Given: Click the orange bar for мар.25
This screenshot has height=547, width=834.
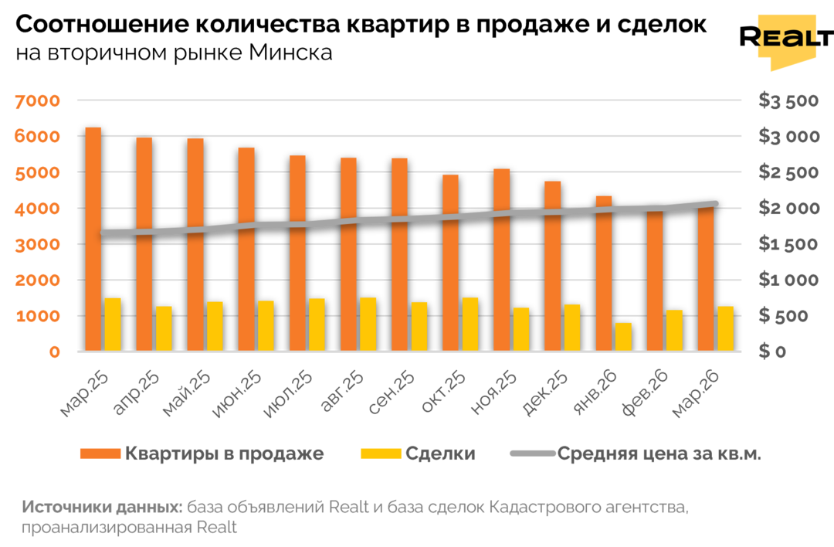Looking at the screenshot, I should click(x=93, y=240).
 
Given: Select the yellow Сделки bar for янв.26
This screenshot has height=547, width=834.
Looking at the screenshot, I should click(x=623, y=337).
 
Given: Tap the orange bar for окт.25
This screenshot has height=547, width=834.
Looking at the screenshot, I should click(x=450, y=263).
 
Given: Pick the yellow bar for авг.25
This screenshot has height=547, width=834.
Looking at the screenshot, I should click(x=368, y=324).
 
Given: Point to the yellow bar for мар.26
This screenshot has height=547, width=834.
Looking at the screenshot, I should click(x=725, y=329).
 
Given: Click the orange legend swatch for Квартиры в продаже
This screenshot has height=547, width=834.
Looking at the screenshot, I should click(x=100, y=454).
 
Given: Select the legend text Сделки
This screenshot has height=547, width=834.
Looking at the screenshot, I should click(x=439, y=454).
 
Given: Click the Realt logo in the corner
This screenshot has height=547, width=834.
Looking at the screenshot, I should click(x=785, y=40).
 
